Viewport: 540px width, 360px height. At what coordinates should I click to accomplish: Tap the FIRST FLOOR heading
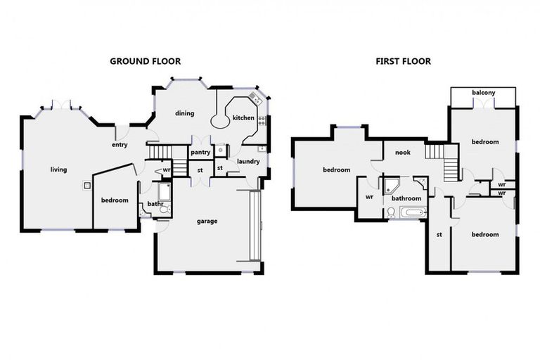pyautogui.click(x=402, y=61)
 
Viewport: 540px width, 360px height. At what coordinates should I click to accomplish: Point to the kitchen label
pyautogui.click(x=243, y=118)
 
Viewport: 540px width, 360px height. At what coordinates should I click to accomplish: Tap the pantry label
pyautogui.click(x=201, y=152)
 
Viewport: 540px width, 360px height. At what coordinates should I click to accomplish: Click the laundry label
pyautogui.click(x=248, y=162)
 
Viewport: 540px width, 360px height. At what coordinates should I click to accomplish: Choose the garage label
pyautogui.click(x=207, y=221)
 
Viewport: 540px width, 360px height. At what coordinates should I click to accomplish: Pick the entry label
pyautogui.click(x=119, y=146)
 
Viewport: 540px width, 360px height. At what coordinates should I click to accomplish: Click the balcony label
pyautogui.click(x=483, y=93)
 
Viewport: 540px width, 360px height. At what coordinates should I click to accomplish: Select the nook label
pyautogui.click(x=402, y=153)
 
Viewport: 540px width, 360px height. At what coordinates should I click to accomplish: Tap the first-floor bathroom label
pyautogui.click(x=406, y=198)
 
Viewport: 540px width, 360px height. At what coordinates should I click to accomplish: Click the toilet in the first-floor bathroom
pyautogui.click(x=391, y=210)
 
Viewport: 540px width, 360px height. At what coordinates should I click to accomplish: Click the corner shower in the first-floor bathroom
pyautogui.click(x=391, y=186)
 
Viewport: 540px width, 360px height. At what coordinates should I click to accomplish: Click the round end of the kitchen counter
pyautogui.click(x=220, y=121)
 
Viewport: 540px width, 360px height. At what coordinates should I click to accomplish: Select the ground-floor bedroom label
pyautogui.click(x=115, y=200)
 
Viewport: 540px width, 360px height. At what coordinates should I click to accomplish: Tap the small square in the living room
pyautogui.click(x=86, y=186)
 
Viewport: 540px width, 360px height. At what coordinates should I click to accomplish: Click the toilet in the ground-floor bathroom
pyautogui.click(x=165, y=208)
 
